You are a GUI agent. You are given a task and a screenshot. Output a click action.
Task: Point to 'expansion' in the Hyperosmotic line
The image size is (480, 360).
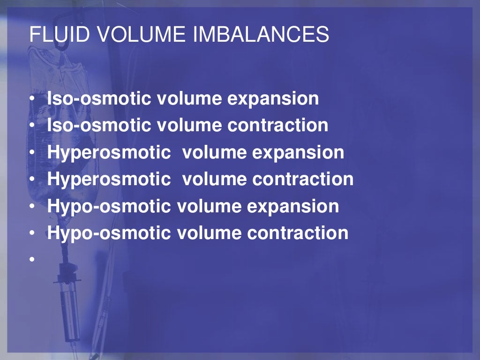click(x=301, y=153)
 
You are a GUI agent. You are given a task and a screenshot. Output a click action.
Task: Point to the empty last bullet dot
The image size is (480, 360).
click(x=32, y=259)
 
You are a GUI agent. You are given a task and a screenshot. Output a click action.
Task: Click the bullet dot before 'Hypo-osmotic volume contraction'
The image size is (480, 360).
click(x=32, y=233)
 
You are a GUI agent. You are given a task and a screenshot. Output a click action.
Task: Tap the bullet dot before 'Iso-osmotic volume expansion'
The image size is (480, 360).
click(x=32, y=99)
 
